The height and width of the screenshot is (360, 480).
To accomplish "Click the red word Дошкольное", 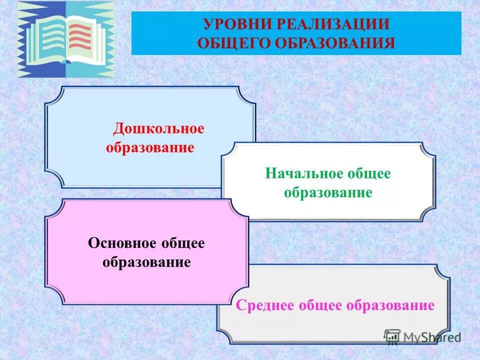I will pos(158,128).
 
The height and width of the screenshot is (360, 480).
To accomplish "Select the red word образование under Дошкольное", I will pos(150,147).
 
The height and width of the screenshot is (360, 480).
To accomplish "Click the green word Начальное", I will pos(304,173).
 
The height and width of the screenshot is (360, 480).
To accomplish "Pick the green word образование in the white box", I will pos(328,192).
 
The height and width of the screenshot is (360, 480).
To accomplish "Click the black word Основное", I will pos(121,243).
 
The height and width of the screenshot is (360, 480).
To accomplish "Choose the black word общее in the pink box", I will pos(182,243).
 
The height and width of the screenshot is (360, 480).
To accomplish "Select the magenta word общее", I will pos(321,305).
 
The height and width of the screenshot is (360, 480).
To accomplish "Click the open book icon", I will pos(65,39).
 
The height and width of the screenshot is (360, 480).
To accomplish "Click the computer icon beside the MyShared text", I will pos(392,336).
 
